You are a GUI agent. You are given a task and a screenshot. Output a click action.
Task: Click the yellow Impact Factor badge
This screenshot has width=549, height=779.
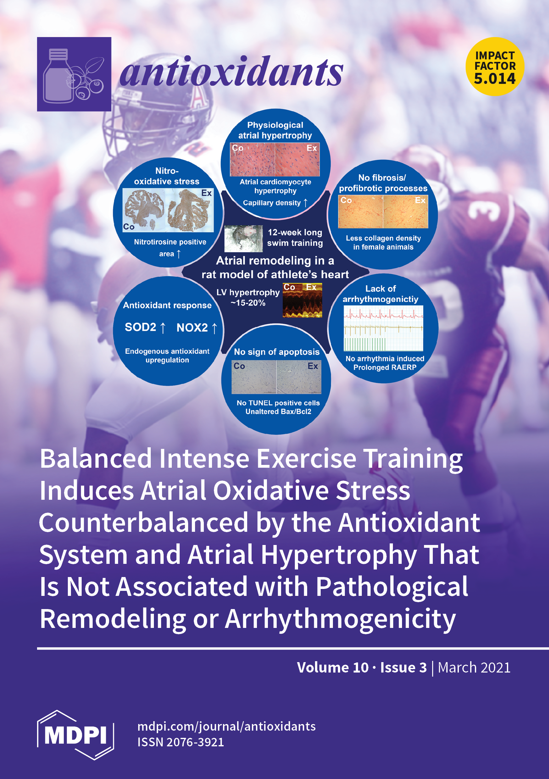pos(495,67)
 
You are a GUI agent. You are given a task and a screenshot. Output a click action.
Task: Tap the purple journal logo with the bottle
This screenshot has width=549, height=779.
pos(74,74)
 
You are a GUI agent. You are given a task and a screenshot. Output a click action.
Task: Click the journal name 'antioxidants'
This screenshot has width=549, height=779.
pos(231,72)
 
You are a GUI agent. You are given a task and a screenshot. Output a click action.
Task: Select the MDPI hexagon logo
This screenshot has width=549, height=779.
pos(75,735)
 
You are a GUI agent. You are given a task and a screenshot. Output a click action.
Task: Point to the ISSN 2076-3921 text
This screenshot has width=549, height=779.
pos(181,742)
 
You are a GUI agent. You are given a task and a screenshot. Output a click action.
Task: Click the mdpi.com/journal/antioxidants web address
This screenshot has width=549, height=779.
pos(226,727)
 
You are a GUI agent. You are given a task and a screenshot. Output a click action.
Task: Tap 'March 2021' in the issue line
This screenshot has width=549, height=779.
pos(474,667)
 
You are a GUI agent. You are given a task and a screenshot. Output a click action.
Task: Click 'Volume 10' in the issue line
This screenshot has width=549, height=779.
pos(333,667)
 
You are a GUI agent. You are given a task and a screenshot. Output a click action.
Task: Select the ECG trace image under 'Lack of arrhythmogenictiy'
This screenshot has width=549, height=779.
pos(383,328)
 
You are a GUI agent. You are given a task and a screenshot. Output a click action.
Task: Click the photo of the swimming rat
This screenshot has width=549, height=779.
pos(244,239)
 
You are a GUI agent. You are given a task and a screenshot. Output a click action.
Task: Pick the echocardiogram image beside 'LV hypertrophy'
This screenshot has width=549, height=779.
pos(302,300)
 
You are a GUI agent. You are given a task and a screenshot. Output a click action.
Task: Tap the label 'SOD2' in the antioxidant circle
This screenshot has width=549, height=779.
pos(140,327)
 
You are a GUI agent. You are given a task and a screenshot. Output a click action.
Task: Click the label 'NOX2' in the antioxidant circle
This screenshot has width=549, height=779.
pos(192,327)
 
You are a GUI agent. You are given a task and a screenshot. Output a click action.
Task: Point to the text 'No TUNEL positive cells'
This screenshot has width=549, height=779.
pos(278,403)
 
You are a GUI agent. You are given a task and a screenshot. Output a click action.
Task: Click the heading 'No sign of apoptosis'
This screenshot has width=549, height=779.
pos(277,352)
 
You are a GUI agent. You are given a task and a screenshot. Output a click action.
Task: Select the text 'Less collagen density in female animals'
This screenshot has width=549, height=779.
pos(383,242)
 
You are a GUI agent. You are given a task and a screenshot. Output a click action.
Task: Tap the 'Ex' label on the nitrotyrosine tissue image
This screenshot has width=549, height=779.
pos(206,193)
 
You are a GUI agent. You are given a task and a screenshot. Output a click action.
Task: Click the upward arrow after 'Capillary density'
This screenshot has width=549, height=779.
pos(306,203)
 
